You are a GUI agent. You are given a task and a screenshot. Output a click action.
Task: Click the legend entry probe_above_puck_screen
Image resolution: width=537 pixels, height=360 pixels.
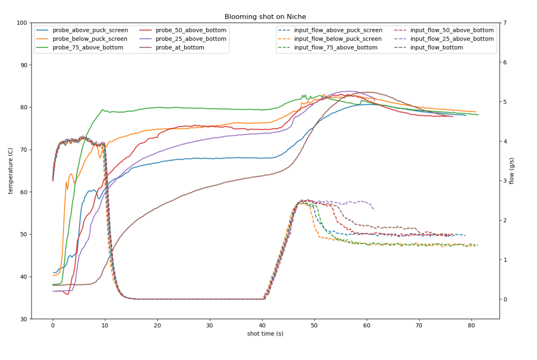coord(90,30)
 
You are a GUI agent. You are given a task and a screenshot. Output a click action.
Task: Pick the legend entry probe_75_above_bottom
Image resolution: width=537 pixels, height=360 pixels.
coord(88,47)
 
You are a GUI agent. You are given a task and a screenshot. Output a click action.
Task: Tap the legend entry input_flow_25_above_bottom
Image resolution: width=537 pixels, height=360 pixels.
coord(452,39)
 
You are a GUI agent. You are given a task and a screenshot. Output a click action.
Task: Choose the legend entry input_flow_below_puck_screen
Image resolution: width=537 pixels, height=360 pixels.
coord(338,39)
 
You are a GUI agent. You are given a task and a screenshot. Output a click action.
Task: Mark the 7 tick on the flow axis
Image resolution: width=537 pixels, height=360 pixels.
coord(504,23)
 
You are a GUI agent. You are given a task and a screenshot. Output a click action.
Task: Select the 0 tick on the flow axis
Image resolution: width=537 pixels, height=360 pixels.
coord(504,300)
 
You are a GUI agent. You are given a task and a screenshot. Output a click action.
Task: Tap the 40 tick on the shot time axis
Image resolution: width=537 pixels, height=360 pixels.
coord(262,325)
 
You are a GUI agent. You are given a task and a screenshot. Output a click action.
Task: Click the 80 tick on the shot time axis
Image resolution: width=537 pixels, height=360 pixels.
coord(471,325)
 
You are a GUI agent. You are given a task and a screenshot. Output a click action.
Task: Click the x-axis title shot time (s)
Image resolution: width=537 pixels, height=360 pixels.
coord(265,334)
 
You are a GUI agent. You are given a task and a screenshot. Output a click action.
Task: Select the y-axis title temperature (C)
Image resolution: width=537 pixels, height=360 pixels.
coord(10,171)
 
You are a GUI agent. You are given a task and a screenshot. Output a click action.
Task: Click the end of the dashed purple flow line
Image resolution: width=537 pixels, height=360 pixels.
coord(374,210)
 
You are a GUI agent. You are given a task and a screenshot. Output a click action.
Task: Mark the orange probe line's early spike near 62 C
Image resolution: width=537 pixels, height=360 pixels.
coord(66,183)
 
